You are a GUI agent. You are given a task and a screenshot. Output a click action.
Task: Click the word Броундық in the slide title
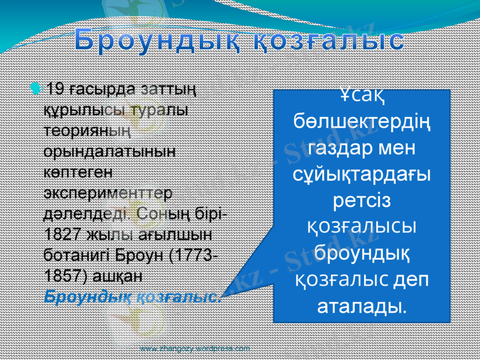158,40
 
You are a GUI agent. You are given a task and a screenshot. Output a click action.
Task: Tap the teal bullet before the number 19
37,89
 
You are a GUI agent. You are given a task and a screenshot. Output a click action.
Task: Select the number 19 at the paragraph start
56,89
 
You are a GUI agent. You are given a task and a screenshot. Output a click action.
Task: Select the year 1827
61,234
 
